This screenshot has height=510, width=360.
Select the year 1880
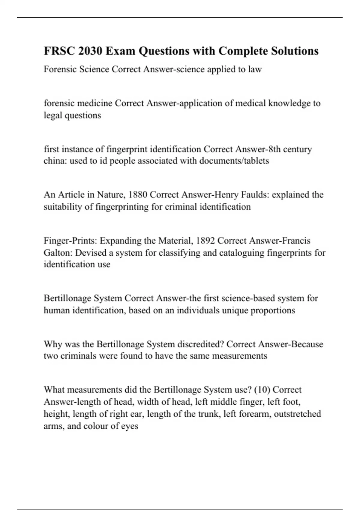click(138, 195)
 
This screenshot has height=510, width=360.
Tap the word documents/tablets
click(234, 161)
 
